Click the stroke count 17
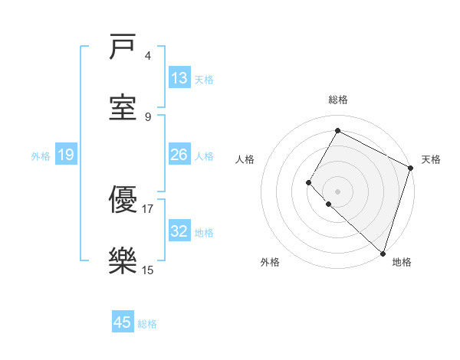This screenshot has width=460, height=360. pos(148,208)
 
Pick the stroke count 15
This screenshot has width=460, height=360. pos(148,269)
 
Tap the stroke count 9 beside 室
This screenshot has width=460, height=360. pos(148,116)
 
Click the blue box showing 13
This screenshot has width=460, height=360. pos(179,78)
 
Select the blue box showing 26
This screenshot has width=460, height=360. pos(179,155)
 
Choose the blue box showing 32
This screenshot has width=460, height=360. pos(179,231)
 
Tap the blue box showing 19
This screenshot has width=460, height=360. pos(65,155)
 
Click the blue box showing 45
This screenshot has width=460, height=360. pos(123,322)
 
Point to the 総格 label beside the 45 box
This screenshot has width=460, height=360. pos(147,324)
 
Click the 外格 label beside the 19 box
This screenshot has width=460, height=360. pos(41,156)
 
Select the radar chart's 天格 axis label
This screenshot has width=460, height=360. pos(431,159)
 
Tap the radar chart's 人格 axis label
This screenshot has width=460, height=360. pos(245,159)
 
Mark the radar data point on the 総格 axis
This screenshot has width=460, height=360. pos(337,130)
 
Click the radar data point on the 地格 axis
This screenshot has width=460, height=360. pos(383,253)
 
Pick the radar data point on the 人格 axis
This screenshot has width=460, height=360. pos(309,182)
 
